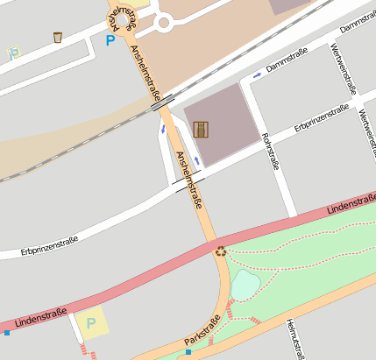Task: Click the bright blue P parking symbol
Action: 110,39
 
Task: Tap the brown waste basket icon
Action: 58,37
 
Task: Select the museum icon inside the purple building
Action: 202,129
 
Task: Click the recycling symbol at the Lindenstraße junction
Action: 221,251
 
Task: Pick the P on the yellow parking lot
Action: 90,323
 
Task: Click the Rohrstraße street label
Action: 270,151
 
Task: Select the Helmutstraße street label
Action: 294,340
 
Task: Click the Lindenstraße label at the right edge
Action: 351,206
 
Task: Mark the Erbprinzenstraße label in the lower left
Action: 49,246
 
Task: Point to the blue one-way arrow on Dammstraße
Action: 257,74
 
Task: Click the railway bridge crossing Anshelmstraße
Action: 162,104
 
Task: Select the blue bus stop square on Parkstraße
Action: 188,352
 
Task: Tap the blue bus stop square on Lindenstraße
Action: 7,333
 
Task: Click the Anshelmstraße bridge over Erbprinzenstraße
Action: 188,182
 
